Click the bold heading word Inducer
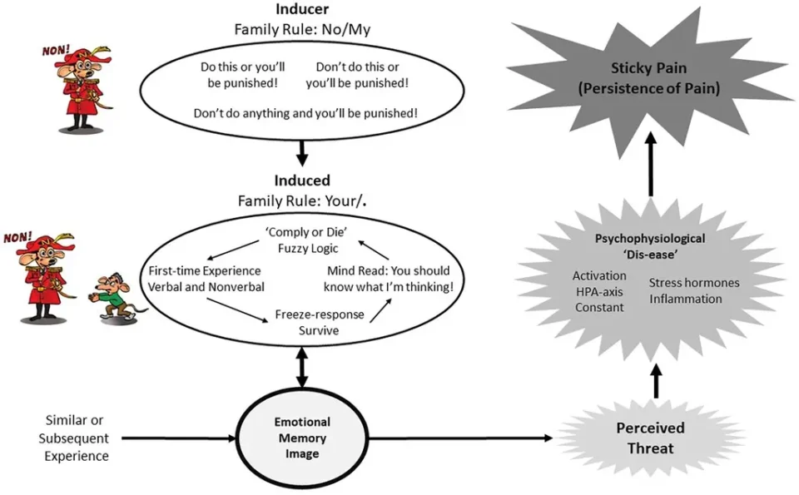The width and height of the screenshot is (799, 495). tap(303, 9)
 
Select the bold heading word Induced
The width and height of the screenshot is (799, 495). tap(302, 181)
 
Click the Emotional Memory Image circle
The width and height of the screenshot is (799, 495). tap(303, 438)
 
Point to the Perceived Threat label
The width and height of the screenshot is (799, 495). tap(650, 438)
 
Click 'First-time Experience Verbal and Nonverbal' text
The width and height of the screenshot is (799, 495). tap(205, 280)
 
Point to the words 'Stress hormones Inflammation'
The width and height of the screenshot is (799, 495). tap(693, 290)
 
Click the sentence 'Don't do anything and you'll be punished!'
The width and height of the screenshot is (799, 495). tap(305, 112)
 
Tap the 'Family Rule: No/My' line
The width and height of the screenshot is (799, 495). tap(302, 29)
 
